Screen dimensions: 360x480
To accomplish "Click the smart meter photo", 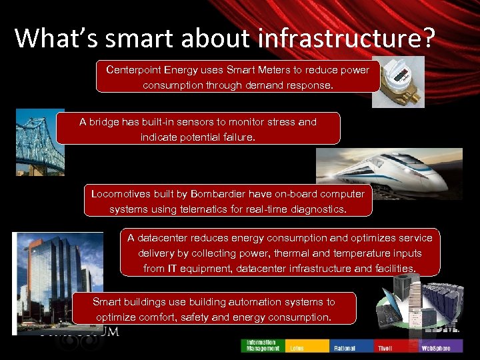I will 398,81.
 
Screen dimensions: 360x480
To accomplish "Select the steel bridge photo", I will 39,141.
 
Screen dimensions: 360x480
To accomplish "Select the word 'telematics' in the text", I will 217,209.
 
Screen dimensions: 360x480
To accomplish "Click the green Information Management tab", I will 263,345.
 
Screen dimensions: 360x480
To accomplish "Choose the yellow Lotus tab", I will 307,345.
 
